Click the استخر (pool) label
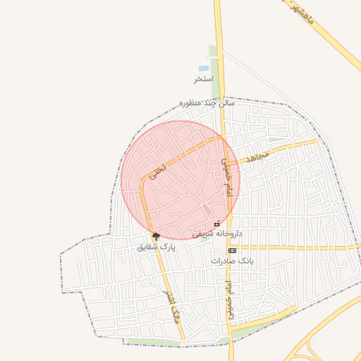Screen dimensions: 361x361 [204, 79]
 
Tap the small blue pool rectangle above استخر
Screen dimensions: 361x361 [204, 68]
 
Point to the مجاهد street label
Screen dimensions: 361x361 [255, 157]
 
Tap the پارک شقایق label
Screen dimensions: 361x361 [156, 247]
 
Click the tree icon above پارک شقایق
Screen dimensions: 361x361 [155, 236]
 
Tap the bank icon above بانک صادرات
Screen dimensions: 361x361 [231, 250]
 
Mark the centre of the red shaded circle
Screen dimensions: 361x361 [180, 180]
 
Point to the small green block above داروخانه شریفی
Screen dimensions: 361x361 [206, 210]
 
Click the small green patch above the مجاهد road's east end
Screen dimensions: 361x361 [278, 140]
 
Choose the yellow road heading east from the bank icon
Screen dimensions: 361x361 [296, 247]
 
